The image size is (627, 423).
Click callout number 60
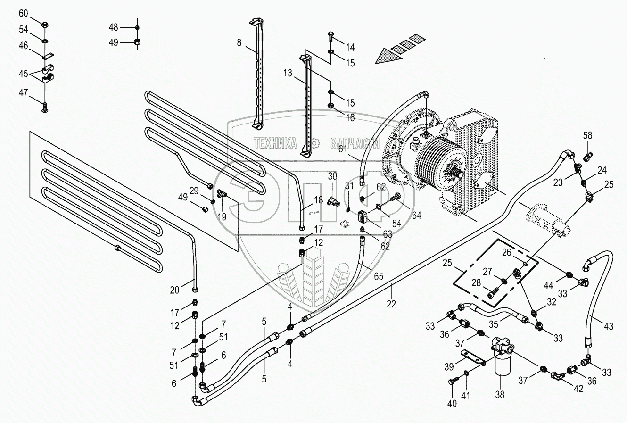[23, 13]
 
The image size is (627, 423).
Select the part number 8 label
[239, 42]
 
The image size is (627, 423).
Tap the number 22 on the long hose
[391, 304]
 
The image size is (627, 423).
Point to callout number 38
[500, 394]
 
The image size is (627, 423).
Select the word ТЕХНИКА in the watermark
[275, 143]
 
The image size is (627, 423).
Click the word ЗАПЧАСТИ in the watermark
[355, 143]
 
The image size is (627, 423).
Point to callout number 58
[587, 135]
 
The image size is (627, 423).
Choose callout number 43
[608, 326]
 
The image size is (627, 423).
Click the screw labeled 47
[44, 108]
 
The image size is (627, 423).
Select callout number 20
[174, 290]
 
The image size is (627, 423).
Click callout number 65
[379, 276]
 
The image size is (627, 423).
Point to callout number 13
[288, 73]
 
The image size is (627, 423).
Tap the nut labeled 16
[331, 106]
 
